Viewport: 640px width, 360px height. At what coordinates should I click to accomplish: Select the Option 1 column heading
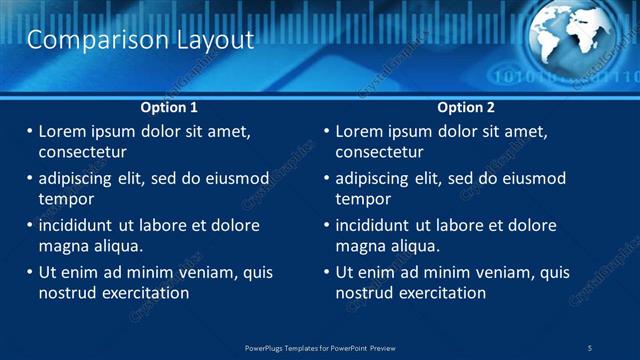169,107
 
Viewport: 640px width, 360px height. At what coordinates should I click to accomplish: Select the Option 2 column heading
466,107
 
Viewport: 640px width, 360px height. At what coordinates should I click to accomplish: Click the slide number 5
590,348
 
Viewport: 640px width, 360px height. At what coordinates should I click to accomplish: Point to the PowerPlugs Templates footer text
320,348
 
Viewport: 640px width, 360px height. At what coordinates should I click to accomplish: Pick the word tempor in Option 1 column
65,199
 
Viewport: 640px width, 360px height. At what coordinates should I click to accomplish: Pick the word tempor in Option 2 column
362,199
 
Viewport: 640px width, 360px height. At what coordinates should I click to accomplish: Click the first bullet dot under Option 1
29,131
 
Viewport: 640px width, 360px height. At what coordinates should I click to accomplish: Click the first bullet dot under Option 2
326,131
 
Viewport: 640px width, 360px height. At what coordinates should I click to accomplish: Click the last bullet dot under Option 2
326,272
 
